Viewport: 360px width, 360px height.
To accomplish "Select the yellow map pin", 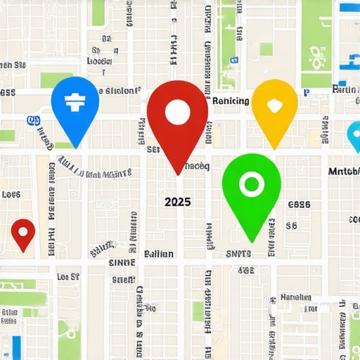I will pos(274,105).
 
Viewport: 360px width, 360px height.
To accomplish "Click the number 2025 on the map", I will pos(177,202).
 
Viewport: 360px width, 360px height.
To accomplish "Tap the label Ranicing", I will pos(230,101).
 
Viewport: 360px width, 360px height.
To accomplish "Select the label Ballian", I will pos(158,254).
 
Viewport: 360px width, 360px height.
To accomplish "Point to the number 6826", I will pos(299,205).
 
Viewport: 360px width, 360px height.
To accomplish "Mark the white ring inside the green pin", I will pos(250,184).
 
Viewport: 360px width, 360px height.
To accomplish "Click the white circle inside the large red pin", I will pos(177,110).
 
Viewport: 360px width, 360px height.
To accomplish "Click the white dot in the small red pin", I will pos(23,229).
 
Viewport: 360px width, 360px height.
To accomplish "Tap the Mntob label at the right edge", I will pos(344,172).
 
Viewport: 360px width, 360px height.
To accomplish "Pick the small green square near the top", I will pos(266,49).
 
